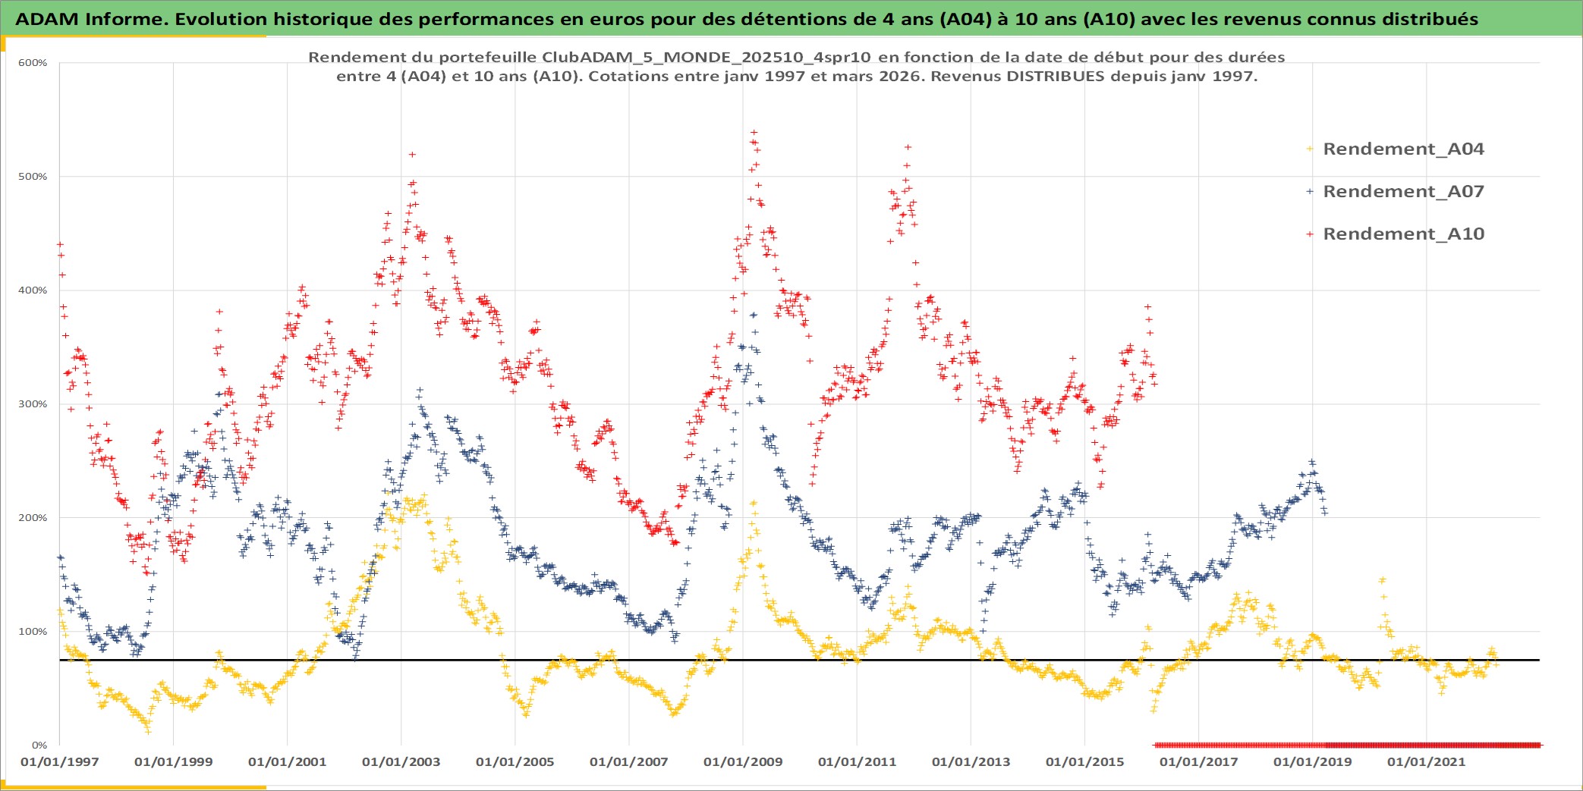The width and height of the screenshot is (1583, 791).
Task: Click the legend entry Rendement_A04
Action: (1402, 149)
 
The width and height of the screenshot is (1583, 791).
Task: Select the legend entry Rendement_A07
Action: (1402, 192)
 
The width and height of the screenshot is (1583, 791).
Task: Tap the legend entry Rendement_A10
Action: (1402, 234)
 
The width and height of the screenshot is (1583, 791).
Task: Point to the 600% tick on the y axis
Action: (33, 63)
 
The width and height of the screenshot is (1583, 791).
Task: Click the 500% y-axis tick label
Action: (33, 177)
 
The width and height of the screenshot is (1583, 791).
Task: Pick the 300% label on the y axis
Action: (33, 404)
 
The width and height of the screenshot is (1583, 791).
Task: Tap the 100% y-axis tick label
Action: (33, 632)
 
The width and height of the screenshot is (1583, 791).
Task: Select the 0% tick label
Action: (39, 745)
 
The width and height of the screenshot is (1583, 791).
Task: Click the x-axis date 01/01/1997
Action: (59, 762)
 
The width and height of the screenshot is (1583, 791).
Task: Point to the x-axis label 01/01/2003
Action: (401, 762)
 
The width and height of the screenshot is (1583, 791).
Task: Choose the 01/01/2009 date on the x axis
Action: (742, 762)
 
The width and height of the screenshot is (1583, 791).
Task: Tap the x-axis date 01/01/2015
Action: (1084, 762)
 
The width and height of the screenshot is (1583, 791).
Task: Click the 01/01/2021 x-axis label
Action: (1426, 762)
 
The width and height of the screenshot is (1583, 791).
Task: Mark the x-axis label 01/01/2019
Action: (1312, 762)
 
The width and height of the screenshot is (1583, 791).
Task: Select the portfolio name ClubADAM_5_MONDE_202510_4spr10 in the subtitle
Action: (706, 58)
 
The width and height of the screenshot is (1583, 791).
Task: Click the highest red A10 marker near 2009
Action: (754, 132)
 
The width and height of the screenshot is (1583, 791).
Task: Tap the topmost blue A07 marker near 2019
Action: (1311, 461)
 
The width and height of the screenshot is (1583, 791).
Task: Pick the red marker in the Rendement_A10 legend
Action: (1310, 234)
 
